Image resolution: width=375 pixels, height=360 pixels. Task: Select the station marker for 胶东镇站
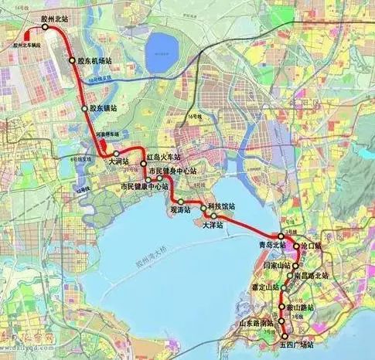(x=85, y=110)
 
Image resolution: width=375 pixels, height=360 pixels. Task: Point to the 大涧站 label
(x=119, y=162)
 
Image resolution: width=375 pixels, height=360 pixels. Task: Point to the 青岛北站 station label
(x=271, y=245)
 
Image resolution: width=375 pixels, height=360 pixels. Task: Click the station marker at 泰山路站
(x=282, y=307)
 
